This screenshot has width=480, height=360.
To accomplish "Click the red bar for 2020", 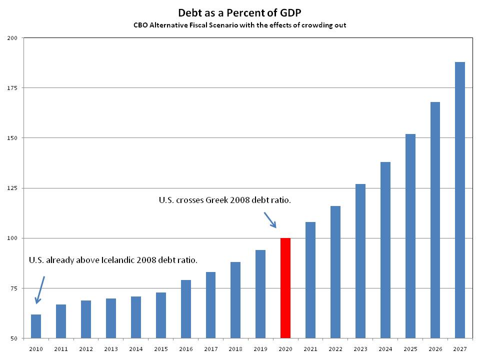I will (x=285, y=288).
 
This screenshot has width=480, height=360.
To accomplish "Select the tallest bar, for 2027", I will (x=460, y=200).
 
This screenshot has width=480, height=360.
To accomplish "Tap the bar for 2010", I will (x=35, y=326).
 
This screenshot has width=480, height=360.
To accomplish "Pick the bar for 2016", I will (x=185, y=309).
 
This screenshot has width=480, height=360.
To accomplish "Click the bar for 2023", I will (x=360, y=261).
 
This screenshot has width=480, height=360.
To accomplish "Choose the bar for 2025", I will (x=410, y=236).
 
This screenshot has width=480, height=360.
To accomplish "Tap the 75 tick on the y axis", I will (x=13, y=288).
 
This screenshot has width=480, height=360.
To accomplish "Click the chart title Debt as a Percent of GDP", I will (x=239, y=12).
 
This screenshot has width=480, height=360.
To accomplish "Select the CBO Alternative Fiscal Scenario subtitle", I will (x=239, y=25).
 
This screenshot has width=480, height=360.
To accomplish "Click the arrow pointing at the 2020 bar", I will (x=270, y=219).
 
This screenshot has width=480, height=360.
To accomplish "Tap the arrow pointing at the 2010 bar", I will (x=40, y=290).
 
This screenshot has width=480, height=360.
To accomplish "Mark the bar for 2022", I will (x=335, y=272).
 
